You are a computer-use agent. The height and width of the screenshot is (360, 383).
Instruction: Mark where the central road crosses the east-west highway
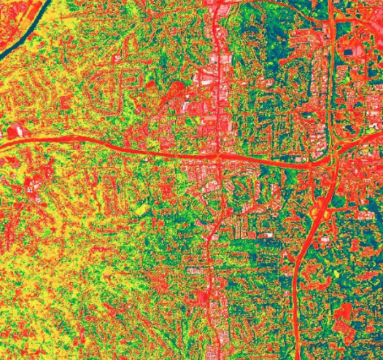[218, 156]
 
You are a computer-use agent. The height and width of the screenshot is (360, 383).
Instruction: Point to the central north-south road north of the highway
[217, 73]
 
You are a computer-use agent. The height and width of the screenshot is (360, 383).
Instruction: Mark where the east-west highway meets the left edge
[2, 145]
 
